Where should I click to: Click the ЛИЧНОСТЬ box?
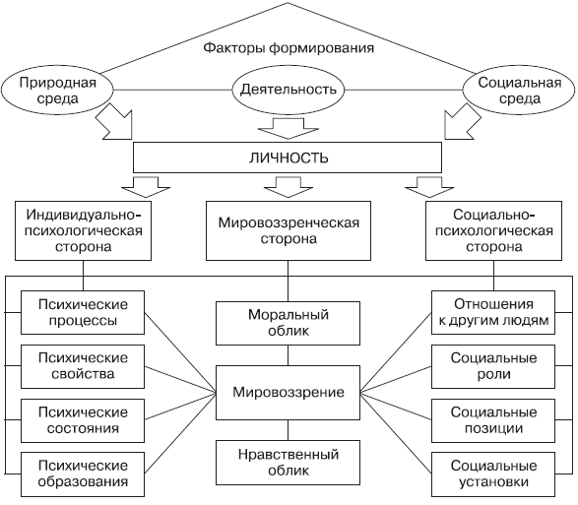(288, 158)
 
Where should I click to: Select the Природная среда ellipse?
(57, 91)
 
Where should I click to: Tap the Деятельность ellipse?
(288, 90)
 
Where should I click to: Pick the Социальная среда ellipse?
(519, 91)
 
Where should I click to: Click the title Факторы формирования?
(289, 48)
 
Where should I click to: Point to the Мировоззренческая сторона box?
(289, 230)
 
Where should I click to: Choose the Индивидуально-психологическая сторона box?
(83, 230)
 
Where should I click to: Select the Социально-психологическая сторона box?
(493, 230)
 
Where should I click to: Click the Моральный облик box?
(288, 323)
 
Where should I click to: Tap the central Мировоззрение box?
(288, 393)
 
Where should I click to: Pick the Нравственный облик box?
(288, 463)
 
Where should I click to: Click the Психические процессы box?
(83, 313)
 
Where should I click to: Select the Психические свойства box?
(83, 366)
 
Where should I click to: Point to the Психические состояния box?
(83, 420)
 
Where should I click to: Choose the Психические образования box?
(83, 474)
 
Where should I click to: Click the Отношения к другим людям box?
(493, 313)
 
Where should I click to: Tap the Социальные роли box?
(493, 366)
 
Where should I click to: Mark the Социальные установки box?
(493, 474)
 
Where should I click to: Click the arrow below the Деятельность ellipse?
(288, 128)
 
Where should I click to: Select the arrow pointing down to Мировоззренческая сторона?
(289, 187)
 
